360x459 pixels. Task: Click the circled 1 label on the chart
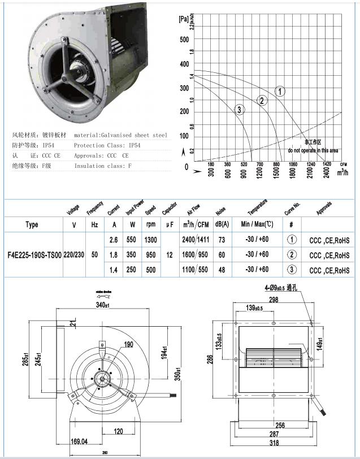coord(280,91)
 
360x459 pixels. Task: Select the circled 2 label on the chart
coord(262,101)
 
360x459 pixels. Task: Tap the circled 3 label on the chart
coord(240,109)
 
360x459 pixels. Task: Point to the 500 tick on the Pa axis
coord(184,40)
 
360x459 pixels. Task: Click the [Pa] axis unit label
coord(183,19)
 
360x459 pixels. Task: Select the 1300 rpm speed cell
coord(150,240)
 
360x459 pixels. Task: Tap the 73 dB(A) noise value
coord(222,240)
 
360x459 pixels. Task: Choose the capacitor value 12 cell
coord(169,254)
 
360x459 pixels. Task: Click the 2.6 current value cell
coord(113,240)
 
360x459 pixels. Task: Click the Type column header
coord(32,224)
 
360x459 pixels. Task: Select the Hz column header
coord(94,224)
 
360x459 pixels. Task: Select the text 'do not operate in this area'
coord(313,151)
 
